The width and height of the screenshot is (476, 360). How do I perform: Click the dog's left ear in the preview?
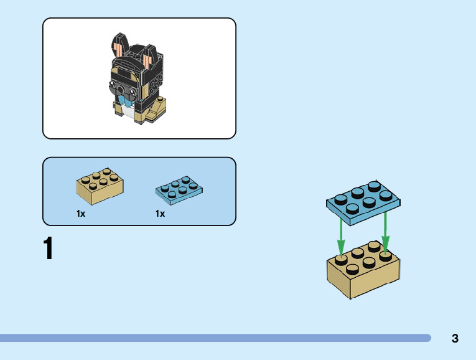120,46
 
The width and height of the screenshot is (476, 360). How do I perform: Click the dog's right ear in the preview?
147,60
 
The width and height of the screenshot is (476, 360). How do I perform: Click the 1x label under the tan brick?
81,214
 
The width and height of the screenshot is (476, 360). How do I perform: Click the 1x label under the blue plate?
160,214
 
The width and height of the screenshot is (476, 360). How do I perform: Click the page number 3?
455,339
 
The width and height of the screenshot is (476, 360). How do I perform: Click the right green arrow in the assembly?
385,232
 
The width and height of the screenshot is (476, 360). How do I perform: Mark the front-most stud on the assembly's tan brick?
352,269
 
